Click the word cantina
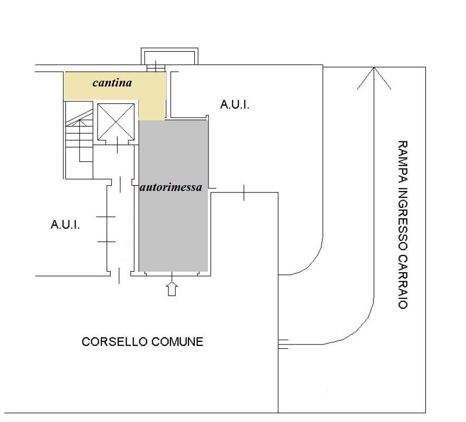112,83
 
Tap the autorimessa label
171,187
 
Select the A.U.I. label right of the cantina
235,104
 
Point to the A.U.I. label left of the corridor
65,225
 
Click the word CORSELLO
115,342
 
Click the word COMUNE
177,342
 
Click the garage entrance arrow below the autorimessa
172,289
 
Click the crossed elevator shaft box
116,122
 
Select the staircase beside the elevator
79,140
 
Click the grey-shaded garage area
173,196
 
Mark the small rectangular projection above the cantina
169,56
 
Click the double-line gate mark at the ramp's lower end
283,343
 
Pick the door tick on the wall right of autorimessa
244,193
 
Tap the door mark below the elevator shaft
117,145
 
